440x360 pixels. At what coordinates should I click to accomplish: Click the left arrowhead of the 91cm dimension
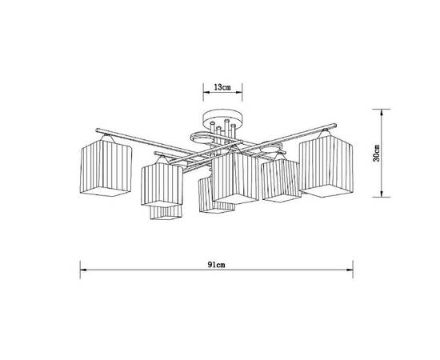coord(81,270)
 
